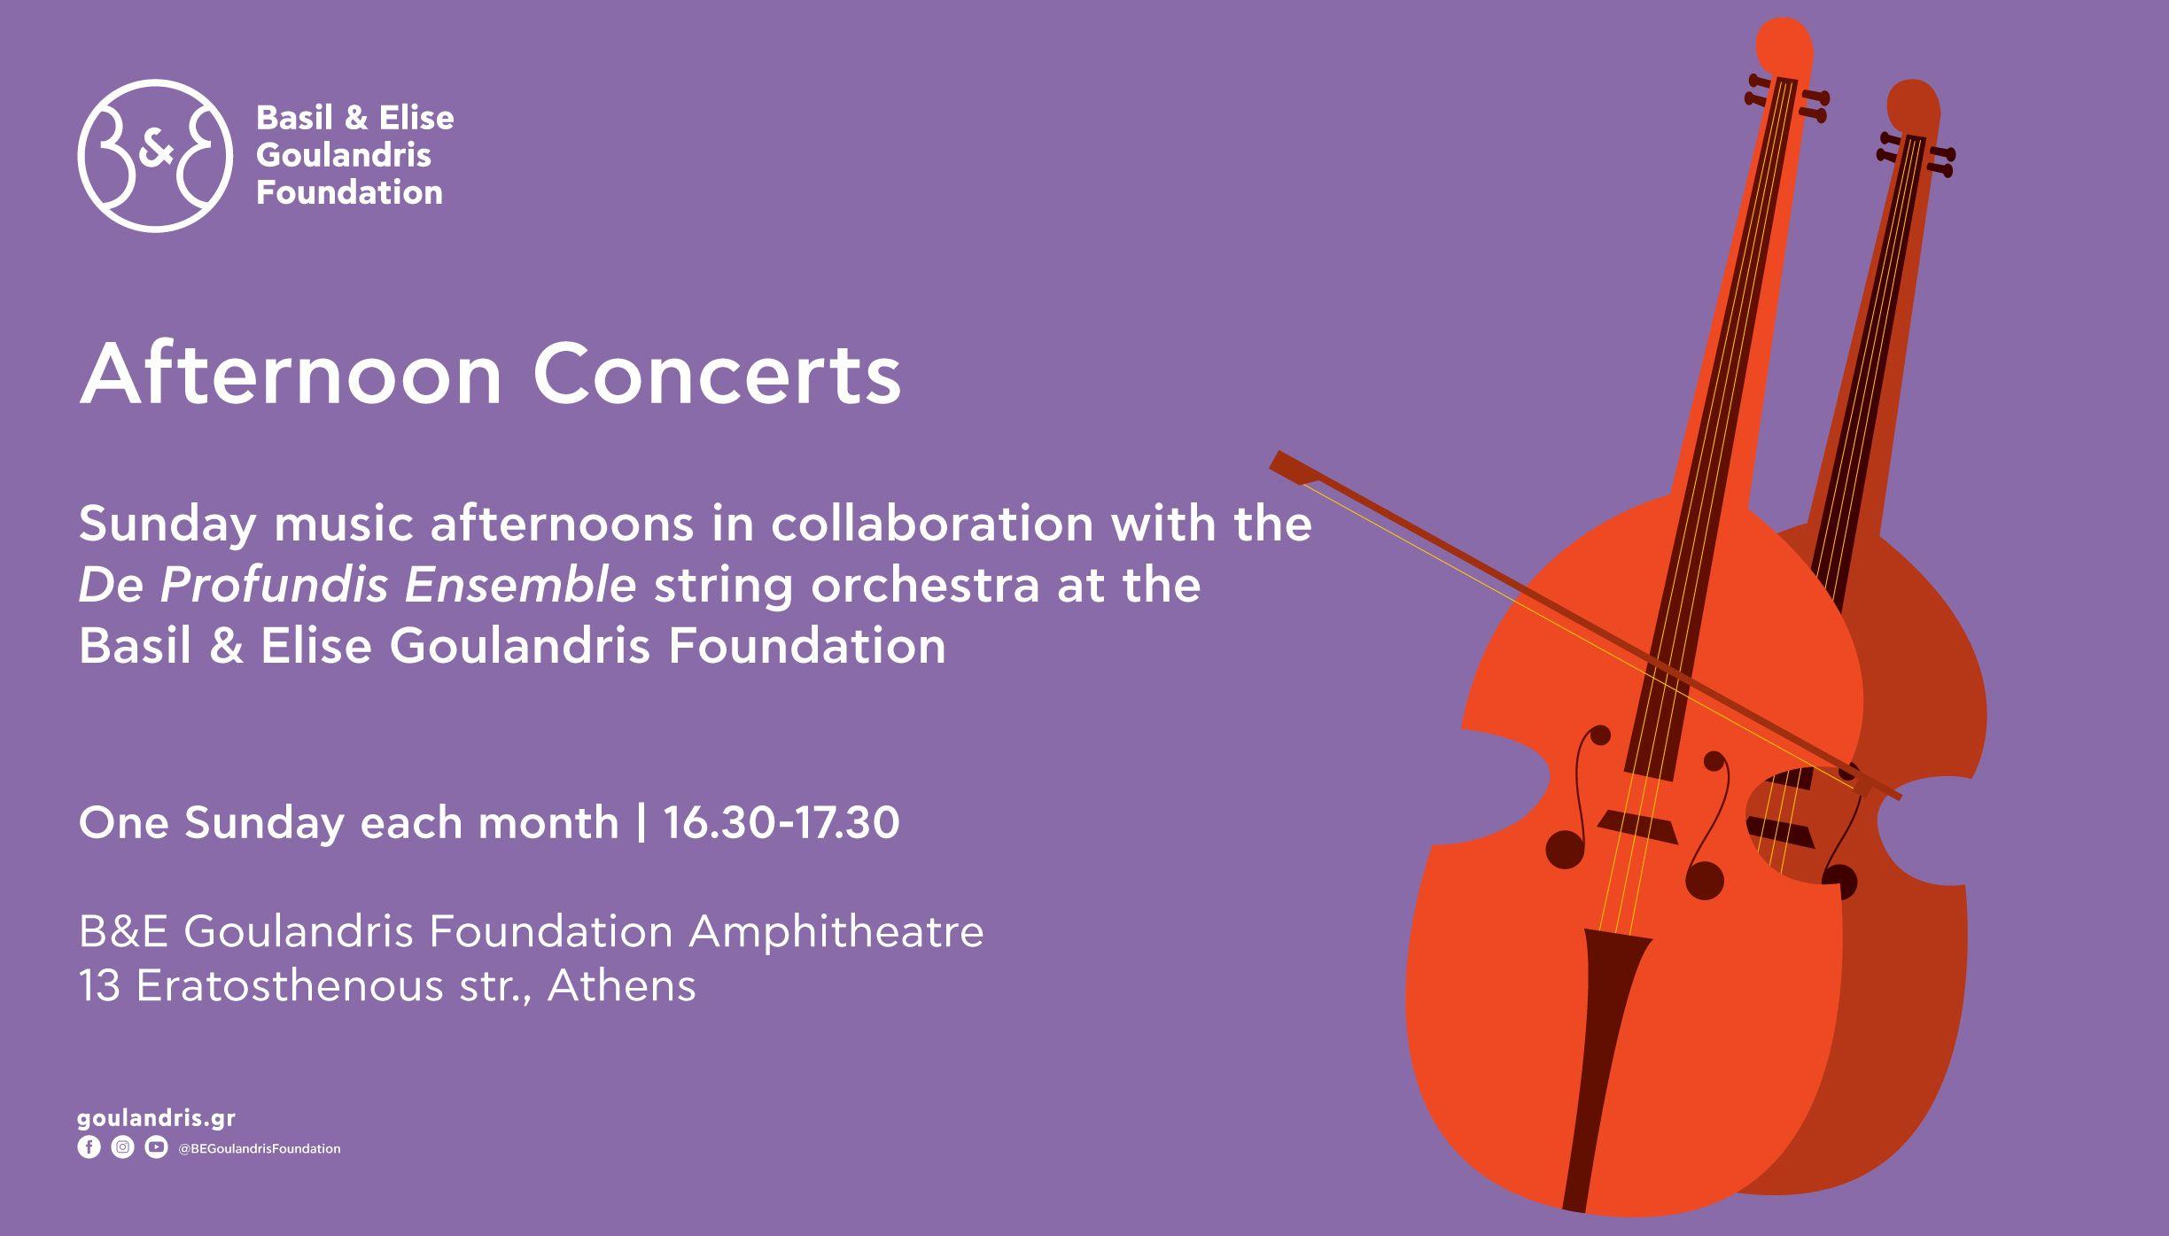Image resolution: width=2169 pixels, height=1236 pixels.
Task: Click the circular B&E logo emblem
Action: pos(155,156)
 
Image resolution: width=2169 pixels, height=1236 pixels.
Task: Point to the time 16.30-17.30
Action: pos(781,823)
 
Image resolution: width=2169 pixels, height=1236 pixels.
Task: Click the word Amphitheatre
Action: pos(836,931)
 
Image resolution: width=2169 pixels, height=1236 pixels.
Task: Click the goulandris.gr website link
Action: pos(157,1119)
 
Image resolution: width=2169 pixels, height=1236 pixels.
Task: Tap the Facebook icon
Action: pos(89,1147)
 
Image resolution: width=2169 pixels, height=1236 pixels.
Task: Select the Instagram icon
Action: pos(122,1147)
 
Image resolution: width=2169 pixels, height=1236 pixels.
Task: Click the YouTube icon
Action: pos(156,1147)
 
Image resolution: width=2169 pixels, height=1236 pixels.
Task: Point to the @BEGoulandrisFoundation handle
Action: pos(260,1148)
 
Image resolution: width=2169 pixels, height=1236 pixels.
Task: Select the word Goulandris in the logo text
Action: pos(344,155)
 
